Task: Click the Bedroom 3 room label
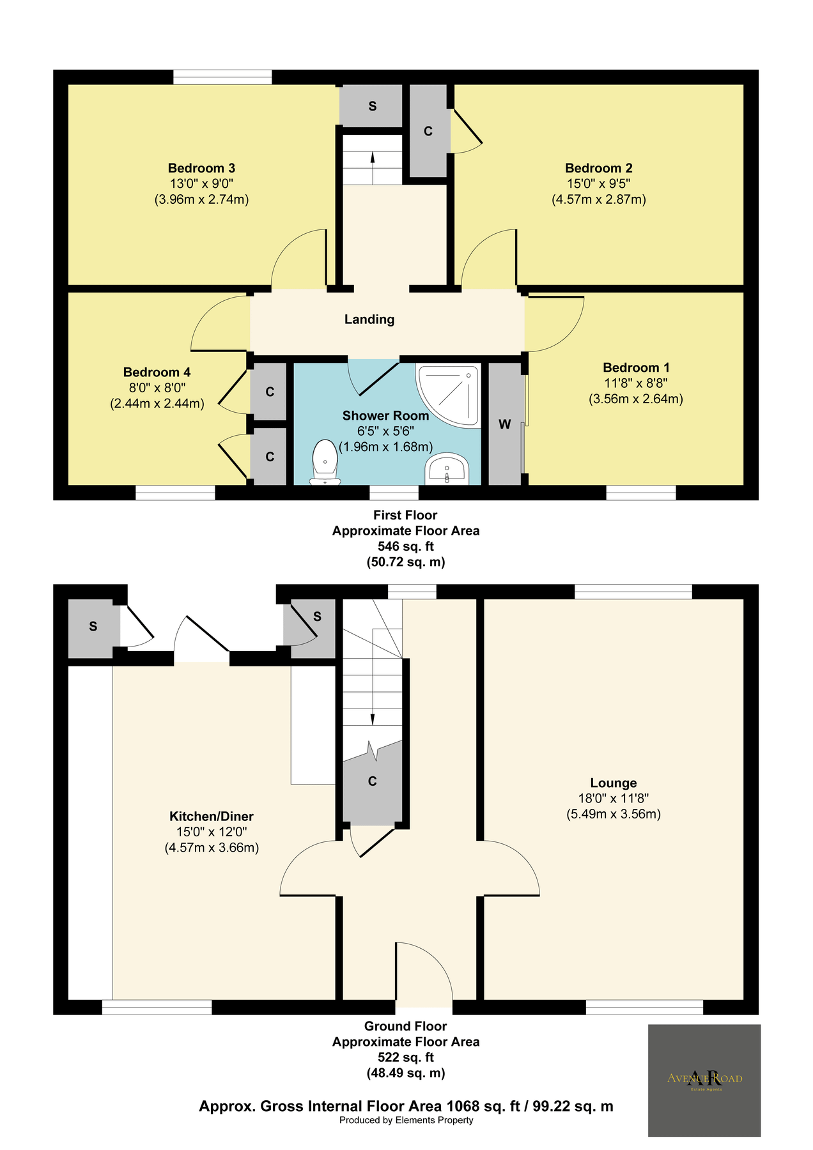coord(201,168)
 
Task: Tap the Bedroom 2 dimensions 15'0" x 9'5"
coord(599,184)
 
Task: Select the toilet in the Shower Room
coord(325,462)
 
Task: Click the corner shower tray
coord(447,395)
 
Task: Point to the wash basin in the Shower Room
coord(447,470)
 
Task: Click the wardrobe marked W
coord(505,424)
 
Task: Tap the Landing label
coord(369,319)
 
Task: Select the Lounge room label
coord(614,783)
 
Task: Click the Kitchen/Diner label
coord(212,816)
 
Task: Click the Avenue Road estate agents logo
coord(704,1080)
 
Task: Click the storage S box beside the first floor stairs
coord(371,106)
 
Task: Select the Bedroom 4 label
coord(157,372)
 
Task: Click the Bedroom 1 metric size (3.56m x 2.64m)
coord(636,399)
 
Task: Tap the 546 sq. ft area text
coord(406,547)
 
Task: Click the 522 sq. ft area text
coord(406,1057)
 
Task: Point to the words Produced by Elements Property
coord(407,1120)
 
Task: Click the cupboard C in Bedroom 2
coord(428,131)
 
